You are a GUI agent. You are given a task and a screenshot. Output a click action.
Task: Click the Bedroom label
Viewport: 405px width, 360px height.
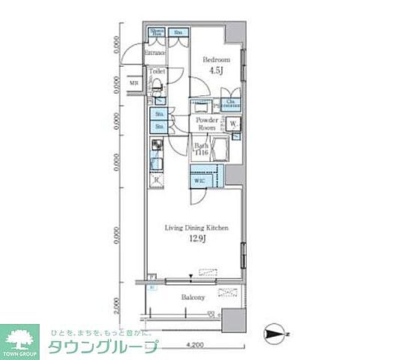(216, 59)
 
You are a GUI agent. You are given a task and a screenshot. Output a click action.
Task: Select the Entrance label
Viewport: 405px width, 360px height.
(155, 52)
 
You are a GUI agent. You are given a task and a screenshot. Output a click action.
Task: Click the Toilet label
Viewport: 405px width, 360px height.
(157, 72)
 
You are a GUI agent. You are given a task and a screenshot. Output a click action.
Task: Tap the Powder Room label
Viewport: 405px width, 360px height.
(206, 124)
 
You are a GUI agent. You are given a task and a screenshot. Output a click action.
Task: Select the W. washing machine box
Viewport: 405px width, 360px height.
(234, 124)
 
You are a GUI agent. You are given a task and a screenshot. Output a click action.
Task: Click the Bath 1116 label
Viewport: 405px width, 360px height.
(201, 148)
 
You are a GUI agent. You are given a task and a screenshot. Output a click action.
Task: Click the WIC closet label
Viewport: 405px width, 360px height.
(199, 180)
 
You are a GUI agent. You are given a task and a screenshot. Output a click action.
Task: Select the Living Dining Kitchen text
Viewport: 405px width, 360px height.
(192, 227)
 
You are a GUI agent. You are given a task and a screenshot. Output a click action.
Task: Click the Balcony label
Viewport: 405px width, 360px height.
(193, 298)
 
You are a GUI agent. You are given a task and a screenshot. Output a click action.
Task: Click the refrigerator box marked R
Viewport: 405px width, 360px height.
(157, 180)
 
